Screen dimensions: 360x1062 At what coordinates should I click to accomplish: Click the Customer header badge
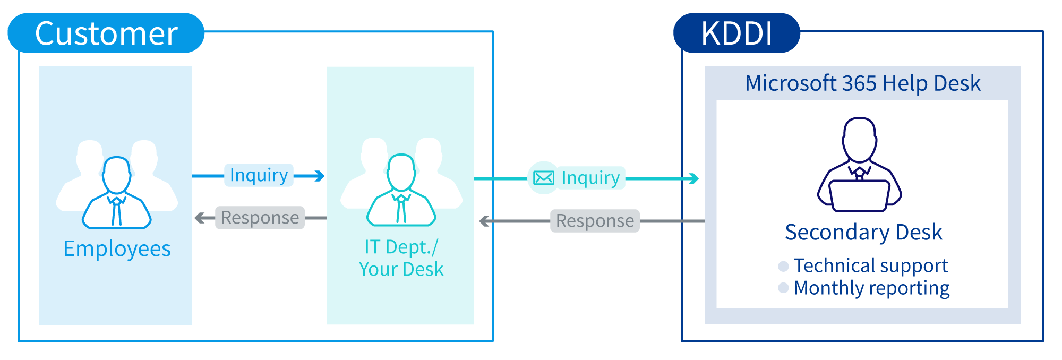[106, 33]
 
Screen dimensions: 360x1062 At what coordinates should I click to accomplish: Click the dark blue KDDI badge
[736, 33]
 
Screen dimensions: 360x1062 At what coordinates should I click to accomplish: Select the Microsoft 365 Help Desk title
[862, 83]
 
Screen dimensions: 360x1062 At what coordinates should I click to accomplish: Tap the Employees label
[117, 248]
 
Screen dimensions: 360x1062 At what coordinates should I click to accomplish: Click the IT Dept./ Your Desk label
[401, 258]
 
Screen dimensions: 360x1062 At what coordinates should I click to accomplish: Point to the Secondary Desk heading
[863, 233]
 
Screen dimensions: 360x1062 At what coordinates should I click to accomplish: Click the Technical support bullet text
[870, 265]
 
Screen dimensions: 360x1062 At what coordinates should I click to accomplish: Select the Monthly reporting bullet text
[871, 288]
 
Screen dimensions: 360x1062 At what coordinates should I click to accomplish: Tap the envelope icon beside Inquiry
[543, 178]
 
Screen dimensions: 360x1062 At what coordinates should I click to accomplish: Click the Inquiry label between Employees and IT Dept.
[259, 175]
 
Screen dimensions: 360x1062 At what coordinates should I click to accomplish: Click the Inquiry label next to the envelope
[590, 178]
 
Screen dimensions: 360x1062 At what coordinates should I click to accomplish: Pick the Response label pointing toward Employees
[260, 218]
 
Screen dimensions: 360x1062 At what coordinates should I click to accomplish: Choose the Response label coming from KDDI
[595, 221]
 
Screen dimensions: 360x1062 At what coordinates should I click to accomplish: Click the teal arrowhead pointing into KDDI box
[693, 179]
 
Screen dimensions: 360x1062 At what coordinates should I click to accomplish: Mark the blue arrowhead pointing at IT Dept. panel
[319, 176]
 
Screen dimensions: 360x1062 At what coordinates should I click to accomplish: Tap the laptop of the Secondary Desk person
[859, 195]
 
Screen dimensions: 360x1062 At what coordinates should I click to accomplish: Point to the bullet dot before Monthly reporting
[783, 288]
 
